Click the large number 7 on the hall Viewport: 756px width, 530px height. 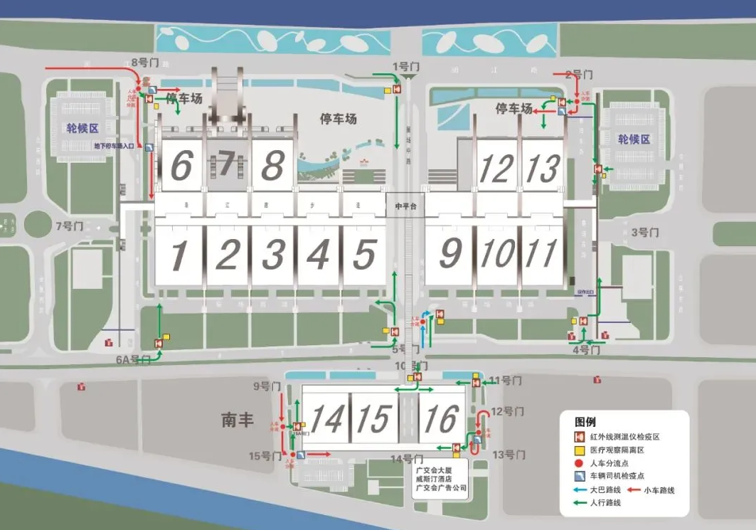pyautogui.click(x=225, y=164)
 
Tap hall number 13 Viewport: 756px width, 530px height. pyautogui.click(x=544, y=169)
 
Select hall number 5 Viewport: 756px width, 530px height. pyautogui.click(x=363, y=255)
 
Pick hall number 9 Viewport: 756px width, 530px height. pyautogui.click(x=449, y=254)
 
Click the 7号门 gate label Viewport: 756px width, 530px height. pyautogui.click(x=70, y=226)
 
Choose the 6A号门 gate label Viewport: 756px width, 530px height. pyautogui.click(x=133, y=360)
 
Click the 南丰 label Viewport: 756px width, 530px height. pyautogui.click(x=237, y=420)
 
